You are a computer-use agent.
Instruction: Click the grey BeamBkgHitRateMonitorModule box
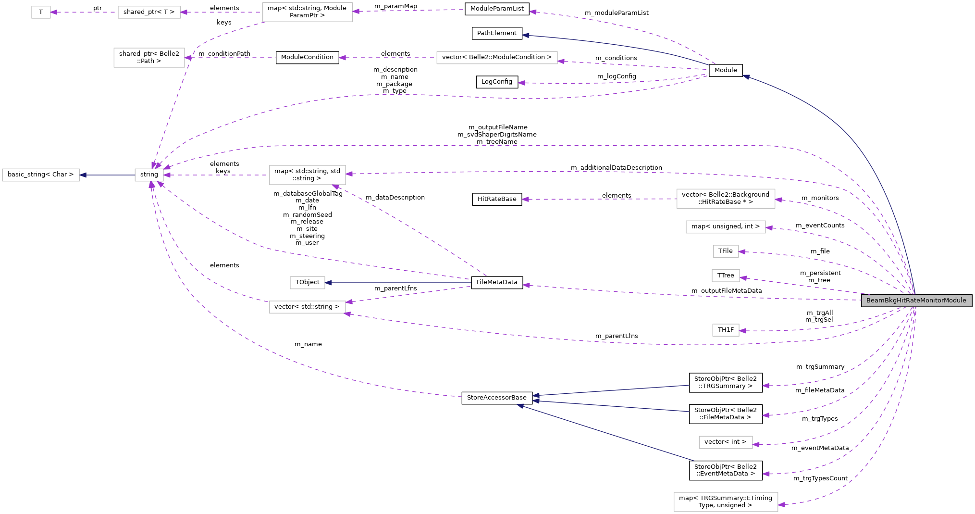tap(916, 301)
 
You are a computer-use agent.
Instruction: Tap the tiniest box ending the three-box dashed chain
tap(41, 13)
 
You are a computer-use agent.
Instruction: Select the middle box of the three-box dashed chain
tap(149, 13)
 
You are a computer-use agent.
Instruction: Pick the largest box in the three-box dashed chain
tap(307, 12)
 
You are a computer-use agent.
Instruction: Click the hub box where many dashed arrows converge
tap(149, 175)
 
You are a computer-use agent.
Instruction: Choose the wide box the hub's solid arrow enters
tap(41, 175)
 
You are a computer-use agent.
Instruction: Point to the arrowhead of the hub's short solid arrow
tap(83, 175)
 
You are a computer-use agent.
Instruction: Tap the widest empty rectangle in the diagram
tap(497, 58)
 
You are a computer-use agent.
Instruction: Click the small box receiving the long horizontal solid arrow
tap(307, 283)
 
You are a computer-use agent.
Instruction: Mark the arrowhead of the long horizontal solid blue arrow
tap(328, 283)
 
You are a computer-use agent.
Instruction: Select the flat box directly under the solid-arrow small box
tap(307, 307)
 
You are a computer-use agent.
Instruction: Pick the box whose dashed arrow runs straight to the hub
tap(307, 175)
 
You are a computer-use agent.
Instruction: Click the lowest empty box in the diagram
tap(726, 502)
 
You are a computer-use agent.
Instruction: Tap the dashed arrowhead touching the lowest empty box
tap(781, 505)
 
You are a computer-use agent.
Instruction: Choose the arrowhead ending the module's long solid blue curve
tap(746, 76)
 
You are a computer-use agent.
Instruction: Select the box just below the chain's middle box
tap(149, 58)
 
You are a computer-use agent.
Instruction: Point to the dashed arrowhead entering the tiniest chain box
tap(54, 13)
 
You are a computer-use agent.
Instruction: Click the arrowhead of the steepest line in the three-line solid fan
tap(520, 406)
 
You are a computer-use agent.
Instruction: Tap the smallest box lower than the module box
tap(726, 330)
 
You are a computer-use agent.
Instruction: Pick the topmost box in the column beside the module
tap(726, 199)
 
